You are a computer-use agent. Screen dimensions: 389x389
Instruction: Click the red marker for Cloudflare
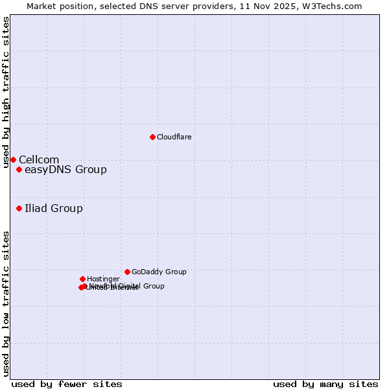[152, 137]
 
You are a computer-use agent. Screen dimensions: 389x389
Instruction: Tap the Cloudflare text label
[174, 137]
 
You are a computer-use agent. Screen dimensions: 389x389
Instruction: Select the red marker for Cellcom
[13, 159]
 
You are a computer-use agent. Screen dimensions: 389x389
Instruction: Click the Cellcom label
[39, 159]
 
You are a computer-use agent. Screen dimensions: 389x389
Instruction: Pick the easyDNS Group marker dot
[19, 170]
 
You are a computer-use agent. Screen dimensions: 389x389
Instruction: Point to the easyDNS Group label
[65, 170]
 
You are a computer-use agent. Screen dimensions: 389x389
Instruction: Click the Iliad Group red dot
[19, 208]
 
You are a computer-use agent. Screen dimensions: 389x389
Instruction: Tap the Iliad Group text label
[54, 208]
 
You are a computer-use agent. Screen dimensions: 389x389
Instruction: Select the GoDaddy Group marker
[127, 272]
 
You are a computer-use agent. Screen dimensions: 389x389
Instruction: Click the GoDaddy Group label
[159, 272]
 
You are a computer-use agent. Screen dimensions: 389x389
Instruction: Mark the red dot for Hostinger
[82, 279]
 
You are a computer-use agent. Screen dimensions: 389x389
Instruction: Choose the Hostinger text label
[103, 279]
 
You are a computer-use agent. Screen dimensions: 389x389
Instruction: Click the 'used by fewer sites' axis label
[67, 384]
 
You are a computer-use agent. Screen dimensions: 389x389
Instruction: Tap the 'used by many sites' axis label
[325, 384]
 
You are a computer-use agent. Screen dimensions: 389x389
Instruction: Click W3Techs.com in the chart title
[333, 6]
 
